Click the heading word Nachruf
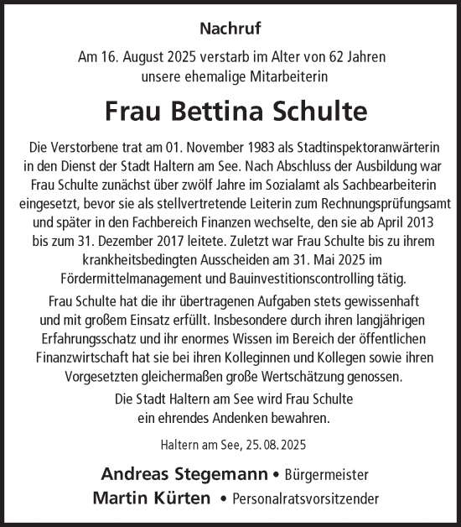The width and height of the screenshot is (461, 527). (x=230, y=29)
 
